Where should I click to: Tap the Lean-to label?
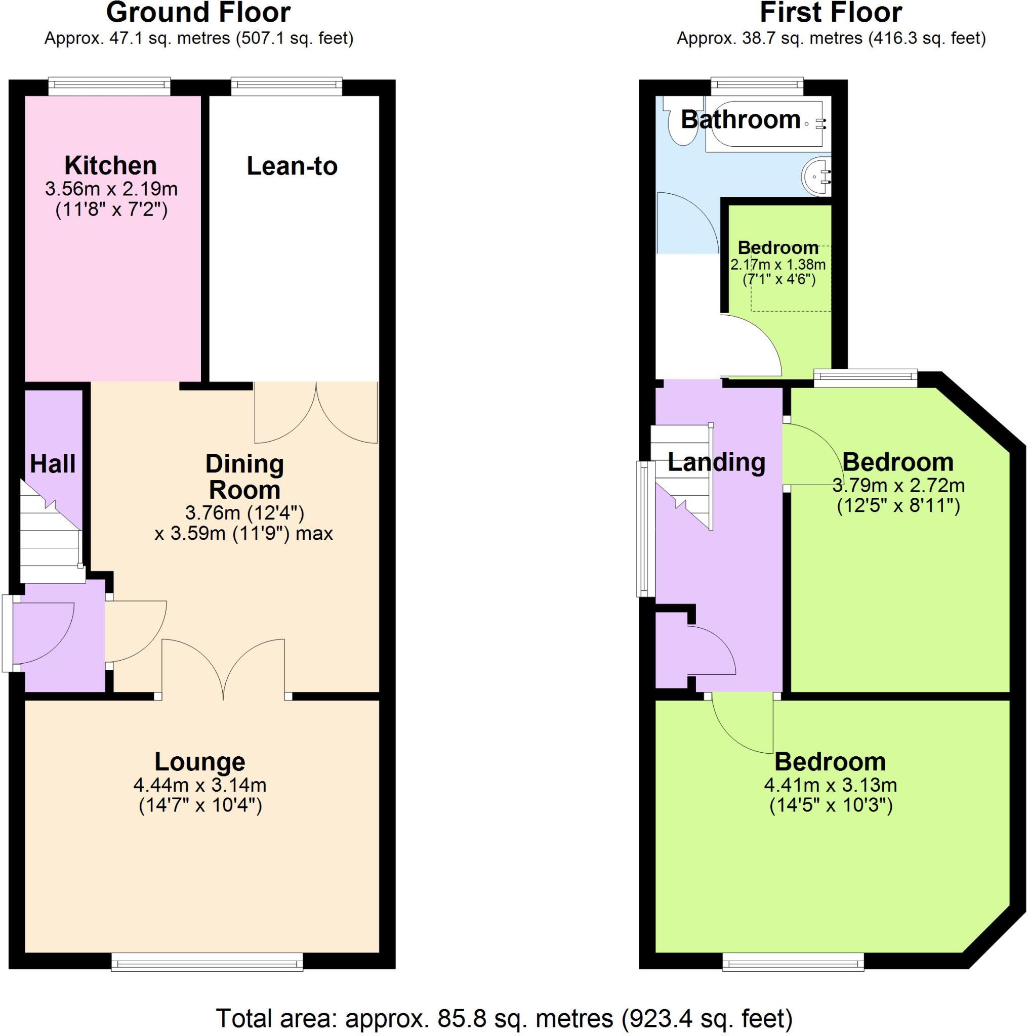(x=292, y=166)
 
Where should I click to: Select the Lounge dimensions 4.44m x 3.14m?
(x=199, y=785)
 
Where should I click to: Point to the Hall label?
(x=53, y=464)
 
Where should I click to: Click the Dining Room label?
(x=244, y=477)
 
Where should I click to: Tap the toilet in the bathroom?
(x=682, y=123)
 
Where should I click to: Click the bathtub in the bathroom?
(x=764, y=126)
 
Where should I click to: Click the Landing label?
(x=716, y=462)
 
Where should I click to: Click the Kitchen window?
(x=109, y=87)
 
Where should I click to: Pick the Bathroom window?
(x=758, y=87)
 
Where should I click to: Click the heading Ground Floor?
(x=198, y=13)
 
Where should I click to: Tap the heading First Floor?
(x=831, y=13)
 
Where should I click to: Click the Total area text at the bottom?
(x=504, y=1017)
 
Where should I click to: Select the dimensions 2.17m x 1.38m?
(x=778, y=265)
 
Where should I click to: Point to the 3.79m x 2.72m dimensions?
(x=898, y=486)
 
